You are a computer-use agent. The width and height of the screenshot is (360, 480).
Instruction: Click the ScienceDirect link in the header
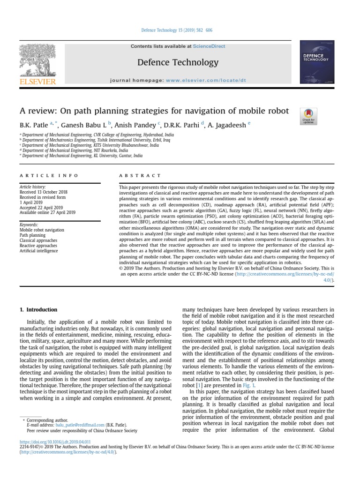click(x=209, y=46)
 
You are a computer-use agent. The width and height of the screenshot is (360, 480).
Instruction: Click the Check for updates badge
click(x=308, y=116)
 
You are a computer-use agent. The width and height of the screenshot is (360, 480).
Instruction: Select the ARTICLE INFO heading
click(x=49, y=175)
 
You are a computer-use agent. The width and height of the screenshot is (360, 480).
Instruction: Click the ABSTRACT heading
click(x=133, y=175)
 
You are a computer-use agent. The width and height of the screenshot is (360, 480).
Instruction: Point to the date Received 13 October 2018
click(x=44, y=192)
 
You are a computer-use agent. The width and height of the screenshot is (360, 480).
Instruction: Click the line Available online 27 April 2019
click(x=47, y=212)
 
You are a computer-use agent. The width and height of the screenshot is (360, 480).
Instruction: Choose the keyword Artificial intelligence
click(x=39, y=251)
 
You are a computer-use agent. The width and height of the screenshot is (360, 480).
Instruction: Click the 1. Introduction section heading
click(x=38, y=310)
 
